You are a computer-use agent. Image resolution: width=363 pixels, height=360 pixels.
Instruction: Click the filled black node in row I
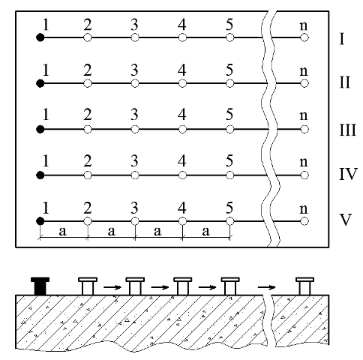point(40,37)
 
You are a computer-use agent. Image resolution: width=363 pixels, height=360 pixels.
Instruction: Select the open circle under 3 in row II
point(135,83)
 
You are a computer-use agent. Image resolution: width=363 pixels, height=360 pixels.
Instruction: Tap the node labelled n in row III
point(304,129)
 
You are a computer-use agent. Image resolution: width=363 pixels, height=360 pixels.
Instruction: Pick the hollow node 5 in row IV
point(230,175)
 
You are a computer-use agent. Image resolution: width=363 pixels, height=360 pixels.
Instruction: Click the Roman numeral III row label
point(347,130)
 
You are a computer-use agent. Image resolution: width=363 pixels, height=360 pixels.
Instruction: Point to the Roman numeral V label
point(346,220)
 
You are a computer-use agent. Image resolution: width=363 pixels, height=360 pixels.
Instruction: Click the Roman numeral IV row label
point(348,174)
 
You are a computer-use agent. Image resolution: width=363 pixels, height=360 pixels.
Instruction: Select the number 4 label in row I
point(182,25)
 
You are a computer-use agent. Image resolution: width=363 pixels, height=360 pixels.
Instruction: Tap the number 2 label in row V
point(88,208)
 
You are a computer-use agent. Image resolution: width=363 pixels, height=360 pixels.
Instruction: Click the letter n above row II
point(304,71)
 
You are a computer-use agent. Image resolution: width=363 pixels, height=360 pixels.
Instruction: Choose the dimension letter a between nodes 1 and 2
point(63,232)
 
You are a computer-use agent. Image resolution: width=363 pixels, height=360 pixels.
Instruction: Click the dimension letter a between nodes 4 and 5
point(205,232)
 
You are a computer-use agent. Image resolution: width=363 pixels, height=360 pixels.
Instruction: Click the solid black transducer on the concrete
point(40,286)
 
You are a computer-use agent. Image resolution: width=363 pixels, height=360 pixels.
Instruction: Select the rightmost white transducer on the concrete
point(304,286)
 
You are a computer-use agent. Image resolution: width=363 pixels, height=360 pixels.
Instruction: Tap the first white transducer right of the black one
point(88,286)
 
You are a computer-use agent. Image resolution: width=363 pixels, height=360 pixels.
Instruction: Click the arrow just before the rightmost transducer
point(266,287)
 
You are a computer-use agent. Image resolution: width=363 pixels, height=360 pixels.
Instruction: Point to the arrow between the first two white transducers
point(112,287)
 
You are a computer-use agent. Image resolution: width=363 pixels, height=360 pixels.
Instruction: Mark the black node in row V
point(40,221)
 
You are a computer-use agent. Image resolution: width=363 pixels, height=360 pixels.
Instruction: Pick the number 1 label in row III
point(46,115)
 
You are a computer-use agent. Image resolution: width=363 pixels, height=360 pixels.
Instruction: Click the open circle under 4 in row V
point(182,221)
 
